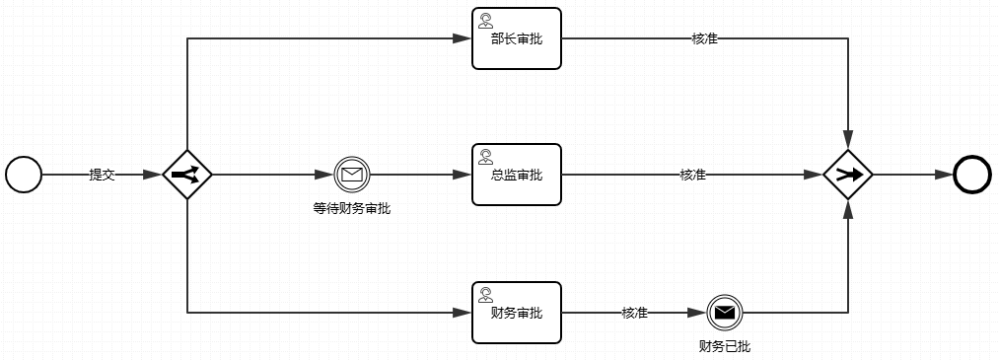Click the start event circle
click(24, 175)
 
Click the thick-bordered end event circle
click(971, 175)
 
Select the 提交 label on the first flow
click(103, 175)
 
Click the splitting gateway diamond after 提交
click(187, 175)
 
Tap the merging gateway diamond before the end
click(848, 175)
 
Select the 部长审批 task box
click(516, 39)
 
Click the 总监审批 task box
click(516, 175)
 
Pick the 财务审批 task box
click(516, 313)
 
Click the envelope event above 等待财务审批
click(351, 175)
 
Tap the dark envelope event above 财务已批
click(724, 313)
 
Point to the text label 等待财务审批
click(351, 208)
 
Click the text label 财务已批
click(724, 346)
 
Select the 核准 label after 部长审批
click(704, 39)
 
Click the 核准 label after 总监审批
click(692, 175)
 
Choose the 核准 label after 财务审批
click(634, 313)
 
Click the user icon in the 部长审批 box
click(485, 21)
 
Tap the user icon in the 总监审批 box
click(485, 156)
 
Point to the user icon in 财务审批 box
click(485, 294)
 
